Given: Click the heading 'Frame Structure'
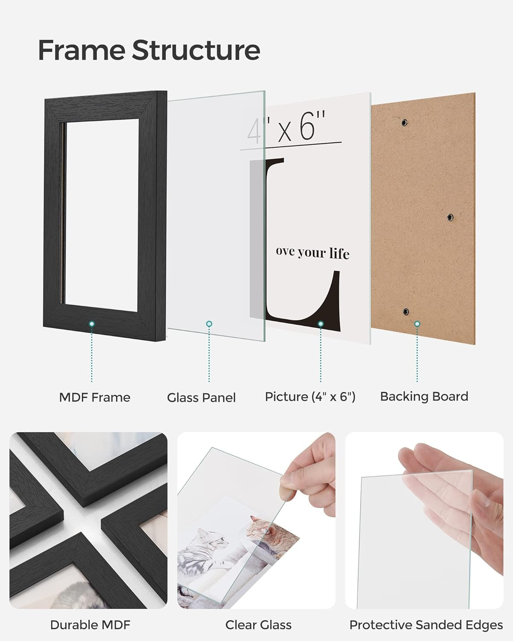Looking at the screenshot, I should coord(149,50).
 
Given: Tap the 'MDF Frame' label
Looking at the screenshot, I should coord(94,397).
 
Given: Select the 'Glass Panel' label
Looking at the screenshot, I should coord(201,398).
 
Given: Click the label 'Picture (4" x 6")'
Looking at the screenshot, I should coord(310,397).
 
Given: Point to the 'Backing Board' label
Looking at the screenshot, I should coord(424,397).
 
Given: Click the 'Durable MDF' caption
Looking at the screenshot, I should coord(90,625).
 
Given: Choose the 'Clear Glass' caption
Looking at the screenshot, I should coord(258,625).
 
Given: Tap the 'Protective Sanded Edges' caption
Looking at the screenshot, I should coord(426,625).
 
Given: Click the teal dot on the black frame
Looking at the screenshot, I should coord(91,324).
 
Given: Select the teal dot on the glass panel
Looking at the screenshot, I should coord(209,324).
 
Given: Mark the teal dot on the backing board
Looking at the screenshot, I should coord(417,324).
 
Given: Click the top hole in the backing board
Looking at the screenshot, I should coord(404,123).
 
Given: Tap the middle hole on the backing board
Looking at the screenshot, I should coord(450,218).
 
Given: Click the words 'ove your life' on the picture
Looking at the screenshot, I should coord(313,253).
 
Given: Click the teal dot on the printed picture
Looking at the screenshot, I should coord(321,324).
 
